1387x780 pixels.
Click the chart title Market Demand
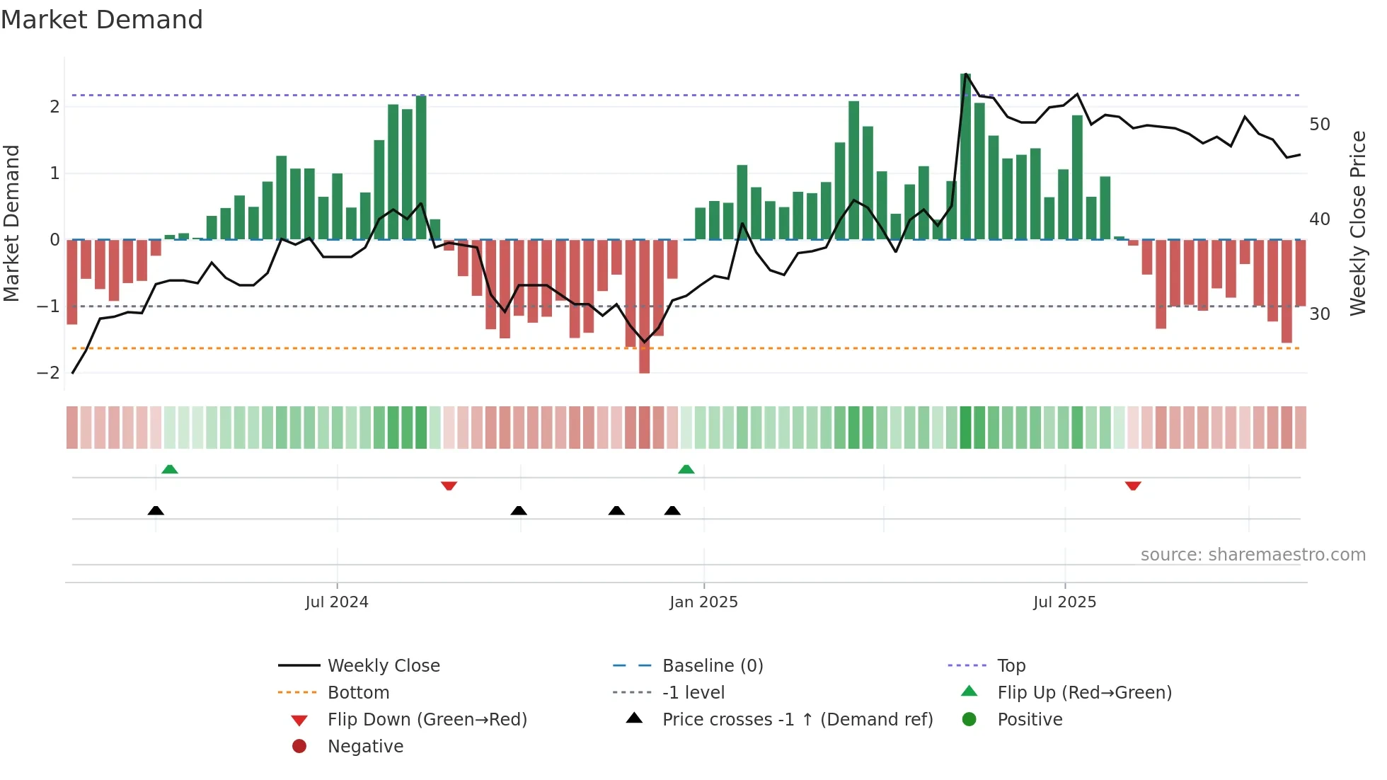click(x=102, y=20)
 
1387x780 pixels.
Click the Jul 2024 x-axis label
click(x=337, y=602)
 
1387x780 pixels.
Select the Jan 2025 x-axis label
click(x=703, y=602)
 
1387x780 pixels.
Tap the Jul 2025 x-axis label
click(x=1064, y=602)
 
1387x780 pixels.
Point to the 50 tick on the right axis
click(x=1319, y=125)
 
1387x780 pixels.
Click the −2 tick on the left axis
click(x=48, y=373)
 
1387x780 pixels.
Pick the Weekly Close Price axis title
click(x=1357, y=223)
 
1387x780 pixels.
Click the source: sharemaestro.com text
click(x=1253, y=555)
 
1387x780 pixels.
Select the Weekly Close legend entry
click(x=383, y=666)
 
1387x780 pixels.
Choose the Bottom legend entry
click(x=358, y=693)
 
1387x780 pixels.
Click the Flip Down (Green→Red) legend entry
click(x=427, y=720)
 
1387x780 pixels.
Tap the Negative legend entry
click(x=365, y=747)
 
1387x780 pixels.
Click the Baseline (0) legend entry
click(x=712, y=666)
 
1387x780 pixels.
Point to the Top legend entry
click(x=1011, y=666)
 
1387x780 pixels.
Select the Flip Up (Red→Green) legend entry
click(x=1084, y=693)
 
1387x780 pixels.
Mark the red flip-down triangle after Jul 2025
click(x=1133, y=486)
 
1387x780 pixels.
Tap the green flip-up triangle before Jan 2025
click(x=686, y=469)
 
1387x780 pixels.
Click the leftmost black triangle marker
click(x=156, y=510)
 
